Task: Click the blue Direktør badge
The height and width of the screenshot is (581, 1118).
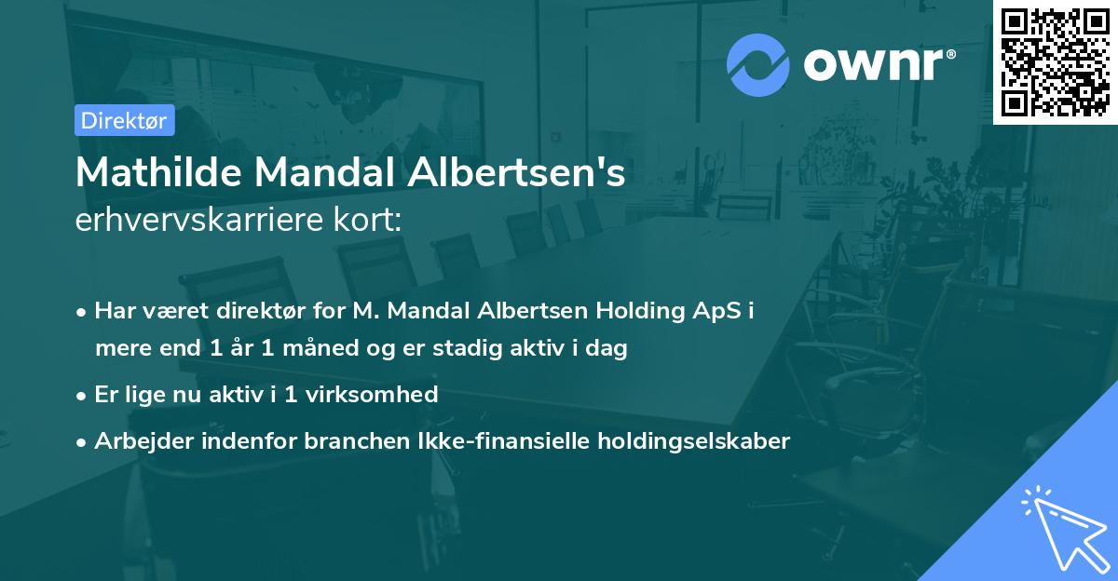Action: pyautogui.click(x=124, y=120)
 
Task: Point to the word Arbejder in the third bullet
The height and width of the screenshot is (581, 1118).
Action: pyautogui.click(x=135, y=440)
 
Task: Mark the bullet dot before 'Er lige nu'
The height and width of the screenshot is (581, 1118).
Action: pyautogui.click(x=82, y=396)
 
